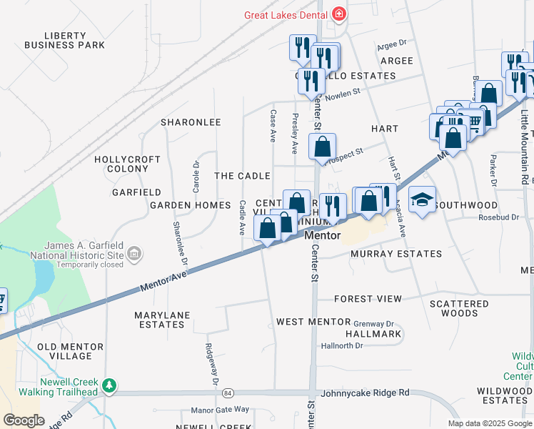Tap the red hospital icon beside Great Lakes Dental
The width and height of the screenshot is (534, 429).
(338, 14)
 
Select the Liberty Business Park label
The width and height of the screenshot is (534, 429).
(64, 40)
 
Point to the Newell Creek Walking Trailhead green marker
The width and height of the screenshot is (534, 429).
(109, 386)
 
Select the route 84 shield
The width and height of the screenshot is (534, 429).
(227, 393)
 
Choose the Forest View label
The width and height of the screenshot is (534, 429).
(368, 298)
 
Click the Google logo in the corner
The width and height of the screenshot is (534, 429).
(23, 420)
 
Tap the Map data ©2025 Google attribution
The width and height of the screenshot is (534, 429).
(489, 423)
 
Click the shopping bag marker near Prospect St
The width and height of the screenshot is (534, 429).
(323, 147)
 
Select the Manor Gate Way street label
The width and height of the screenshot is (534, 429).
(220, 410)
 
